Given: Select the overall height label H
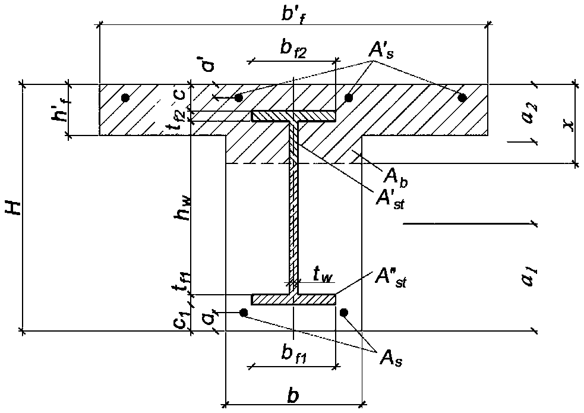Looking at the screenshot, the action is [x=14, y=207].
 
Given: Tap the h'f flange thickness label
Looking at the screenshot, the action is [x=59, y=111].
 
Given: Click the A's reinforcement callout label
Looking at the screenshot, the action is [x=381, y=50].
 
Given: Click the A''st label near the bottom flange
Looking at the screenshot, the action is [x=390, y=279].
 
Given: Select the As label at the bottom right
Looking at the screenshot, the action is [x=391, y=359].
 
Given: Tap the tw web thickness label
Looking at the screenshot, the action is [x=323, y=276].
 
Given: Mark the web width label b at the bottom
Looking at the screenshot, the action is [x=293, y=396].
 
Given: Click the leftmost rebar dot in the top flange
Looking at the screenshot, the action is [x=125, y=98].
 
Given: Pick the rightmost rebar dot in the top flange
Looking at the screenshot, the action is [x=462, y=98].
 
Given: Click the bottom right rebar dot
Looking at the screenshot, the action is [x=344, y=313].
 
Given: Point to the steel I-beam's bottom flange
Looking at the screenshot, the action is [x=293, y=299].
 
